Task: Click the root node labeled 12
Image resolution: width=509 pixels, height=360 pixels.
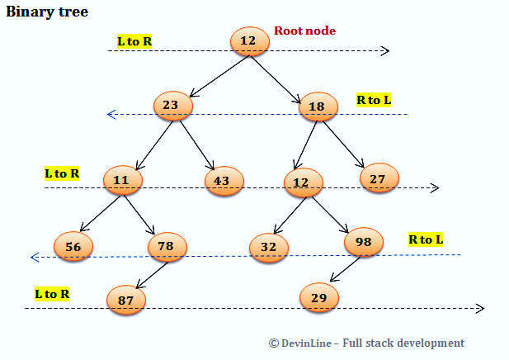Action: coord(248,41)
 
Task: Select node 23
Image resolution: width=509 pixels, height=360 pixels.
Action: coord(172,106)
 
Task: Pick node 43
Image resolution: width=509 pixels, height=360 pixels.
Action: coord(224,181)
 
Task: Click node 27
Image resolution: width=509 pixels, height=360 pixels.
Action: coord(379,178)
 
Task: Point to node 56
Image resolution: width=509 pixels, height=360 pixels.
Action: coord(73,246)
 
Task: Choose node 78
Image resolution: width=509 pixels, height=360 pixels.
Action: coord(167,246)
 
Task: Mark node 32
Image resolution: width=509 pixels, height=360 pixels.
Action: coord(269,246)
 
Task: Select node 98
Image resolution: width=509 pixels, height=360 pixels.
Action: coord(363,241)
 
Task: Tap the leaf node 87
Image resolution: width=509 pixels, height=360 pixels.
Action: coord(126,300)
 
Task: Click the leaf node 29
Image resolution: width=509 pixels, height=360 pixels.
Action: coord(319,296)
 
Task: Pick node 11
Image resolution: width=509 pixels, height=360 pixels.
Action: coord(123,180)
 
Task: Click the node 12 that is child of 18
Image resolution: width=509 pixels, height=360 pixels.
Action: coord(304,182)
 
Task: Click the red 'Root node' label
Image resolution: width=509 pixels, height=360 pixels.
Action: coord(304,31)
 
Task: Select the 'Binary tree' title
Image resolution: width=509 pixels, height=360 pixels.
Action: coord(47,12)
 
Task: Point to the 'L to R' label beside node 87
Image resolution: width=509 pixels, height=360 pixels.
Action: coord(51,293)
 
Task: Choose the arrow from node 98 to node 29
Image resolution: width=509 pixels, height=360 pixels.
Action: coord(344,270)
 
